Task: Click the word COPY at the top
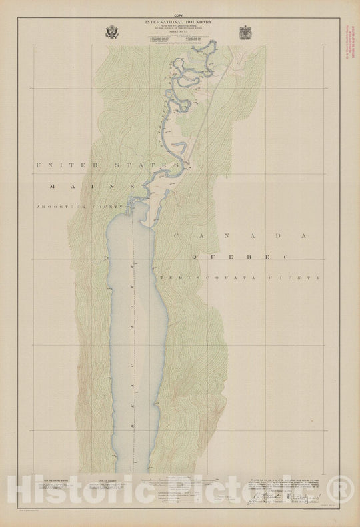tap(177, 15)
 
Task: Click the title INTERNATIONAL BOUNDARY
tap(177, 21)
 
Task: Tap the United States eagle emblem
tap(110, 31)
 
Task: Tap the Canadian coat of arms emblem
tap(244, 31)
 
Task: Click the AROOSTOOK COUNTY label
tap(81, 207)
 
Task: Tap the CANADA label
tap(237, 235)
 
